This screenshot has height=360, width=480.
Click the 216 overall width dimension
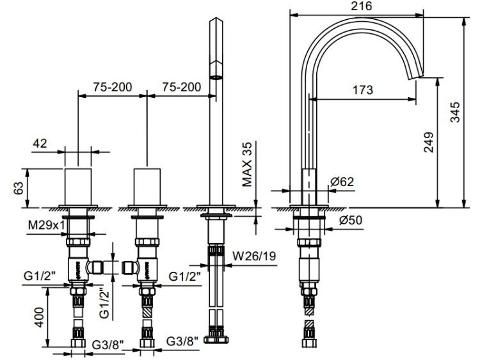point(362,6)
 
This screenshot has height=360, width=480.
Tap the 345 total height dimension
point(455,112)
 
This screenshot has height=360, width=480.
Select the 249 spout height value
point(429,142)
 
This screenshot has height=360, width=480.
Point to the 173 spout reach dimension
point(363,90)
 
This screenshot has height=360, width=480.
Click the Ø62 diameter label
point(342,182)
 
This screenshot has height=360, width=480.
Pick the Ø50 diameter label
point(351,220)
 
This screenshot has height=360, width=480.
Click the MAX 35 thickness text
point(247,164)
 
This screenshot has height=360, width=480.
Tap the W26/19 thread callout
point(254,255)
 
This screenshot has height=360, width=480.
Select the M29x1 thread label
point(47,225)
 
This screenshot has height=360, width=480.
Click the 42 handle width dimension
point(40,143)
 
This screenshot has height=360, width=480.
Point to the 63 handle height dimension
point(19,188)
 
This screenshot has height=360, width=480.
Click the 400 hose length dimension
point(39,317)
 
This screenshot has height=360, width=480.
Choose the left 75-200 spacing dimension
point(113,87)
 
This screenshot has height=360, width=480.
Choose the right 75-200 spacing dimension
point(182,87)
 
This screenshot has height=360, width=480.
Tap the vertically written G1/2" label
point(104,304)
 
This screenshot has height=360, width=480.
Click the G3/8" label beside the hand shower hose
point(182,341)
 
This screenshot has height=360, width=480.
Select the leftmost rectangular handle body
point(78,187)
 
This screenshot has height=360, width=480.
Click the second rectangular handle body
point(147,187)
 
